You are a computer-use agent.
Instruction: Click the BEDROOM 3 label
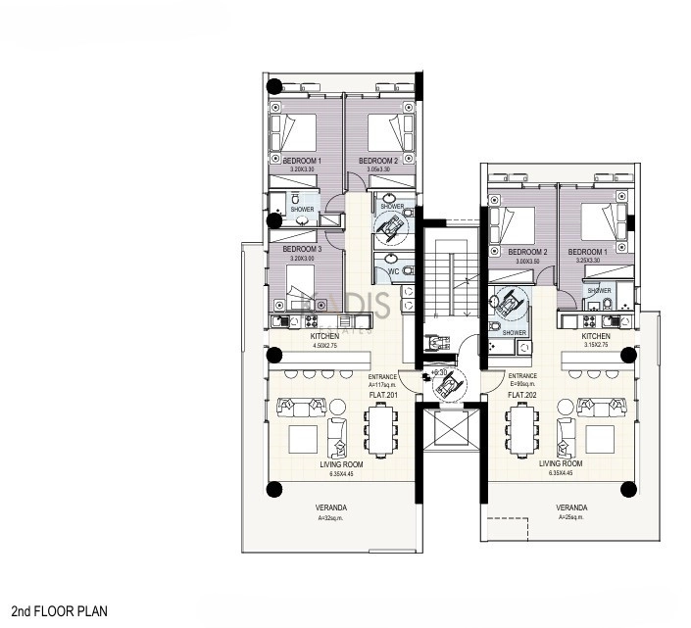(x=302, y=249)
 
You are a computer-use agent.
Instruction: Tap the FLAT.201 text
(x=382, y=394)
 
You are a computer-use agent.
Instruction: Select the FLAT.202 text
(x=522, y=394)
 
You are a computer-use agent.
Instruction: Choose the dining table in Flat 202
(x=519, y=426)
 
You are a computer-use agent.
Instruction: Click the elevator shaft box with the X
(x=449, y=427)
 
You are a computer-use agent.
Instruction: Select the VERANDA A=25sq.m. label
(x=571, y=511)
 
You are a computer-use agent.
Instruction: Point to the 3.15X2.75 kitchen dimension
(x=596, y=346)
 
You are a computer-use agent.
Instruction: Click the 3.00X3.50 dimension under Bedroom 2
(x=531, y=262)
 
